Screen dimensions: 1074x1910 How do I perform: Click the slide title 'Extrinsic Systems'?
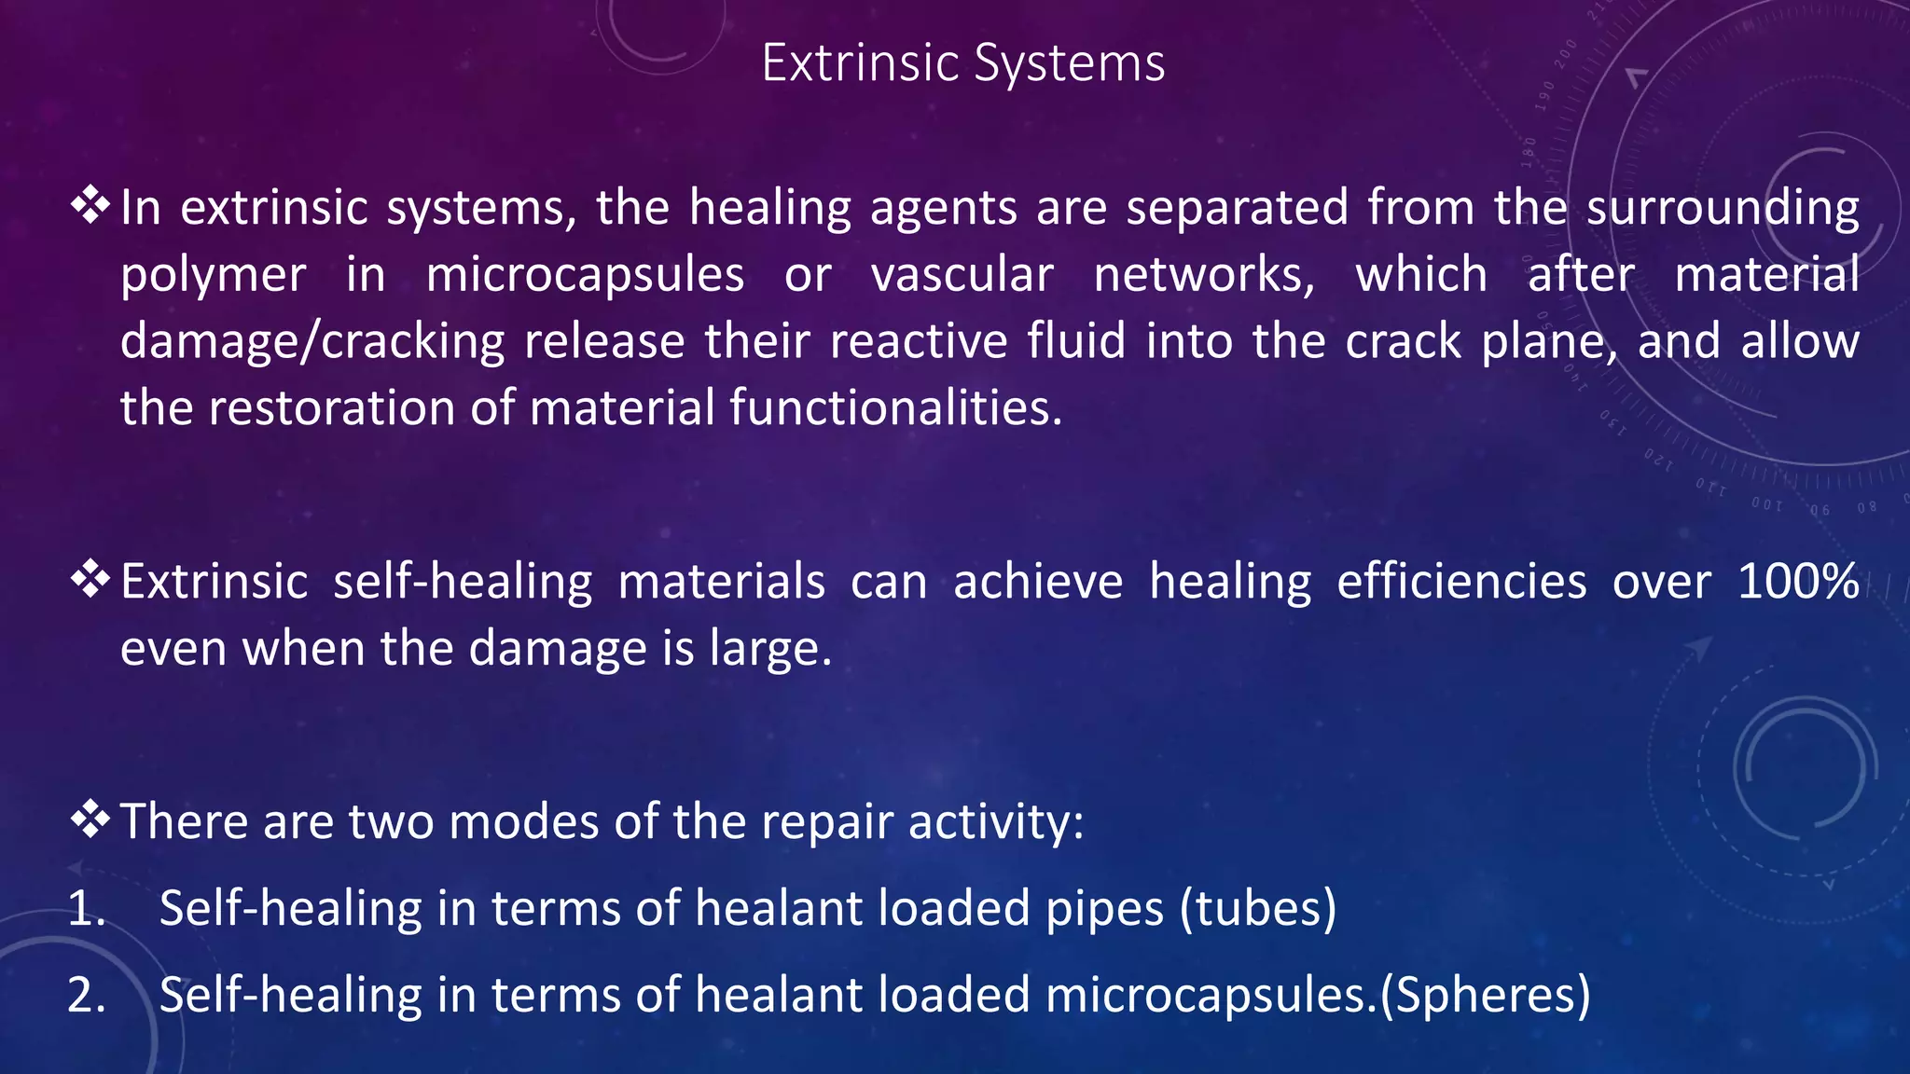click(x=962, y=63)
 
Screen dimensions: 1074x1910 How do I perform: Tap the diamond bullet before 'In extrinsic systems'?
click(x=90, y=204)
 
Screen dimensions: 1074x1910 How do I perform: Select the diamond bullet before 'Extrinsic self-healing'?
click(x=90, y=579)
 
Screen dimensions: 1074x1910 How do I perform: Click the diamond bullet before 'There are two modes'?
click(x=90, y=819)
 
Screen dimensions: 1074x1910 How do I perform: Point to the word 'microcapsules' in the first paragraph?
click(x=585, y=275)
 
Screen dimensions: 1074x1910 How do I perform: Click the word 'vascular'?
click(x=962, y=275)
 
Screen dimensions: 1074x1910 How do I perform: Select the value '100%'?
click(x=1798, y=582)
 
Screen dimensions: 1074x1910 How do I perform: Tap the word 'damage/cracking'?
click(x=311, y=342)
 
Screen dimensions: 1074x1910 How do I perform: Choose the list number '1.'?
click(x=86, y=908)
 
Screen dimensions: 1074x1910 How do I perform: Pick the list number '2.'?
click(x=86, y=995)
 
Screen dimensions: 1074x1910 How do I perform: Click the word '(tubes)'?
click(x=1258, y=908)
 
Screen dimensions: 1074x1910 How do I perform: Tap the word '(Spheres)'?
click(x=1485, y=995)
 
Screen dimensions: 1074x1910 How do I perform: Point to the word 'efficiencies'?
click(x=1461, y=582)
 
